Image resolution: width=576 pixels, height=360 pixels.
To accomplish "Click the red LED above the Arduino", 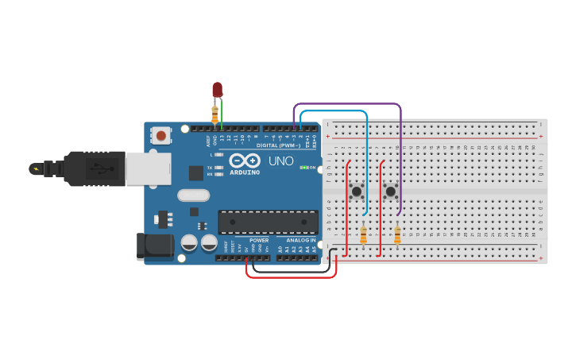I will point(218,90).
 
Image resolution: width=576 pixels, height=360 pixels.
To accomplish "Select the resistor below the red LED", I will point(215,112).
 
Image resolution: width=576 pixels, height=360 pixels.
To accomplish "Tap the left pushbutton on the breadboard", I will point(357,192).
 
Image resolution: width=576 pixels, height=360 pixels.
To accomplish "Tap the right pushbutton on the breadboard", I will point(390,192).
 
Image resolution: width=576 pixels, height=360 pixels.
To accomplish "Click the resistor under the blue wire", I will point(364,236).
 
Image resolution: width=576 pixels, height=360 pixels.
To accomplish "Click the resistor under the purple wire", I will point(397,236).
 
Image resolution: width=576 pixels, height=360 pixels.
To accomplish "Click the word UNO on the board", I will point(280,161).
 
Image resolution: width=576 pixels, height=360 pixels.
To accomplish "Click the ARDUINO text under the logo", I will point(244,172).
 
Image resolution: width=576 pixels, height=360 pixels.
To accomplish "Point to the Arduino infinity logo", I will point(244,160).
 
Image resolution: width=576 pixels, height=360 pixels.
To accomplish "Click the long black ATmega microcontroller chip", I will point(268,223).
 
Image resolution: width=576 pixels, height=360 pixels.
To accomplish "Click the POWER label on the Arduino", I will point(259,240).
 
